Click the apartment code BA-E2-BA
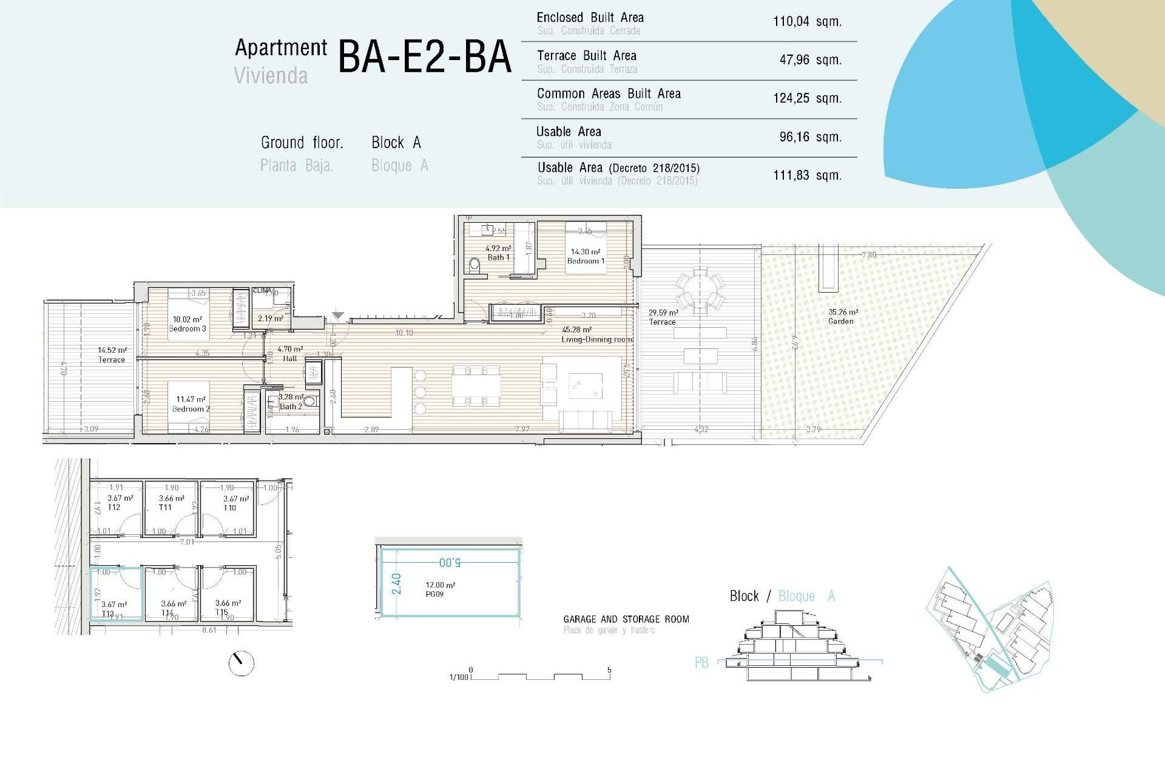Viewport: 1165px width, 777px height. point(424,57)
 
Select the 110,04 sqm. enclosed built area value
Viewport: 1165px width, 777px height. point(807,22)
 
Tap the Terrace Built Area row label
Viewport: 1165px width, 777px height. point(586,56)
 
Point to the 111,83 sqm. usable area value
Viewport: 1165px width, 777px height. point(807,175)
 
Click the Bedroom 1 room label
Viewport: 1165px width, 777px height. point(586,261)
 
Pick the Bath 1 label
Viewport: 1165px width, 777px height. point(498,257)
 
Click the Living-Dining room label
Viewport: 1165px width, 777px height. point(597,339)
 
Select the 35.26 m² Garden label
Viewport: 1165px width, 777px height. point(841,321)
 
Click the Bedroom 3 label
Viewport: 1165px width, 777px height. point(187,328)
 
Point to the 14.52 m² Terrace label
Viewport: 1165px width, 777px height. point(112,359)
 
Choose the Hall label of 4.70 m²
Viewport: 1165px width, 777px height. point(290,358)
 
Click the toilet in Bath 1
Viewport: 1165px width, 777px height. point(475,265)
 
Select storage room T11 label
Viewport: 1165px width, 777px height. point(165,507)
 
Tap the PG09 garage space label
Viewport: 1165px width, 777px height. point(434,594)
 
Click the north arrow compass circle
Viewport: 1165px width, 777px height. point(241,663)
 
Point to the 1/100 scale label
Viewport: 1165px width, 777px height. point(458,677)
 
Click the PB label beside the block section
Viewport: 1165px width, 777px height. point(701,662)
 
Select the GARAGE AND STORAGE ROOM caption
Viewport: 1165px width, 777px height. point(626,619)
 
